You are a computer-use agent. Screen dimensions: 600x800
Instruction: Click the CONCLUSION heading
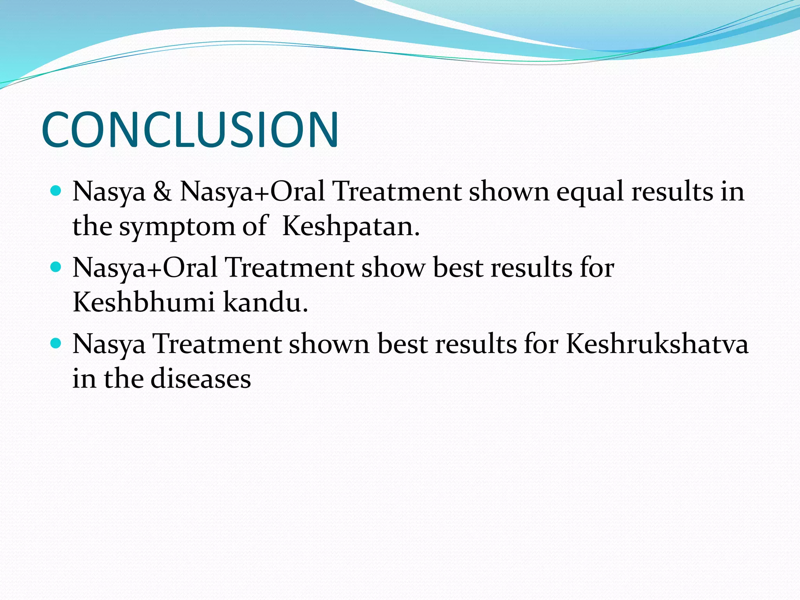point(190,130)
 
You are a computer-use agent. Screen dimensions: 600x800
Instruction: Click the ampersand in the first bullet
point(162,192)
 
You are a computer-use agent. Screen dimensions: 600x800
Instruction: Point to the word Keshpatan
point(350,227)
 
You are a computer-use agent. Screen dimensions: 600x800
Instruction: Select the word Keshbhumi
point(144,302)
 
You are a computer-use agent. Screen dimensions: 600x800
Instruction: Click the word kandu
point(266,302)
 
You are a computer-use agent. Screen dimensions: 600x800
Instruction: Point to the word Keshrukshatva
point(657,344)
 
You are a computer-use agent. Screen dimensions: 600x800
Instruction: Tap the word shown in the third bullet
point(329,344)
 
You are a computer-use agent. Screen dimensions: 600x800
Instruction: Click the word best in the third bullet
point(402,344)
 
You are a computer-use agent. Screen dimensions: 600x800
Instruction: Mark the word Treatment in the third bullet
point(217,344)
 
